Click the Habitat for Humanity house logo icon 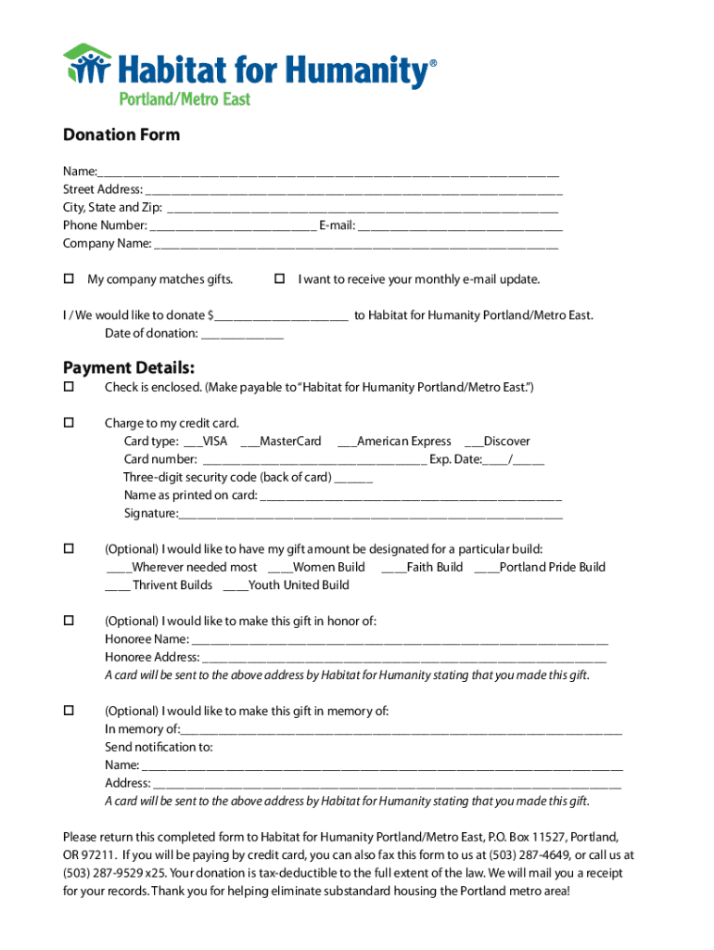point(87,65)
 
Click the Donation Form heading point(121,135)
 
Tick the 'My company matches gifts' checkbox point(69,279)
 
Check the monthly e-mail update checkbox point(279,279)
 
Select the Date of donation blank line point(242,334)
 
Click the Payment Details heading point(129,367)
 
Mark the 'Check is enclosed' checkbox point(69,386)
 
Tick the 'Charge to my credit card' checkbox point(69,423)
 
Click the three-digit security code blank point(353,478)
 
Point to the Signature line point(371,514)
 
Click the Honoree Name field point(400,640)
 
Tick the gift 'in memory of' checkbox point(69,711)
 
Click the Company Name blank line point(356,244)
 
